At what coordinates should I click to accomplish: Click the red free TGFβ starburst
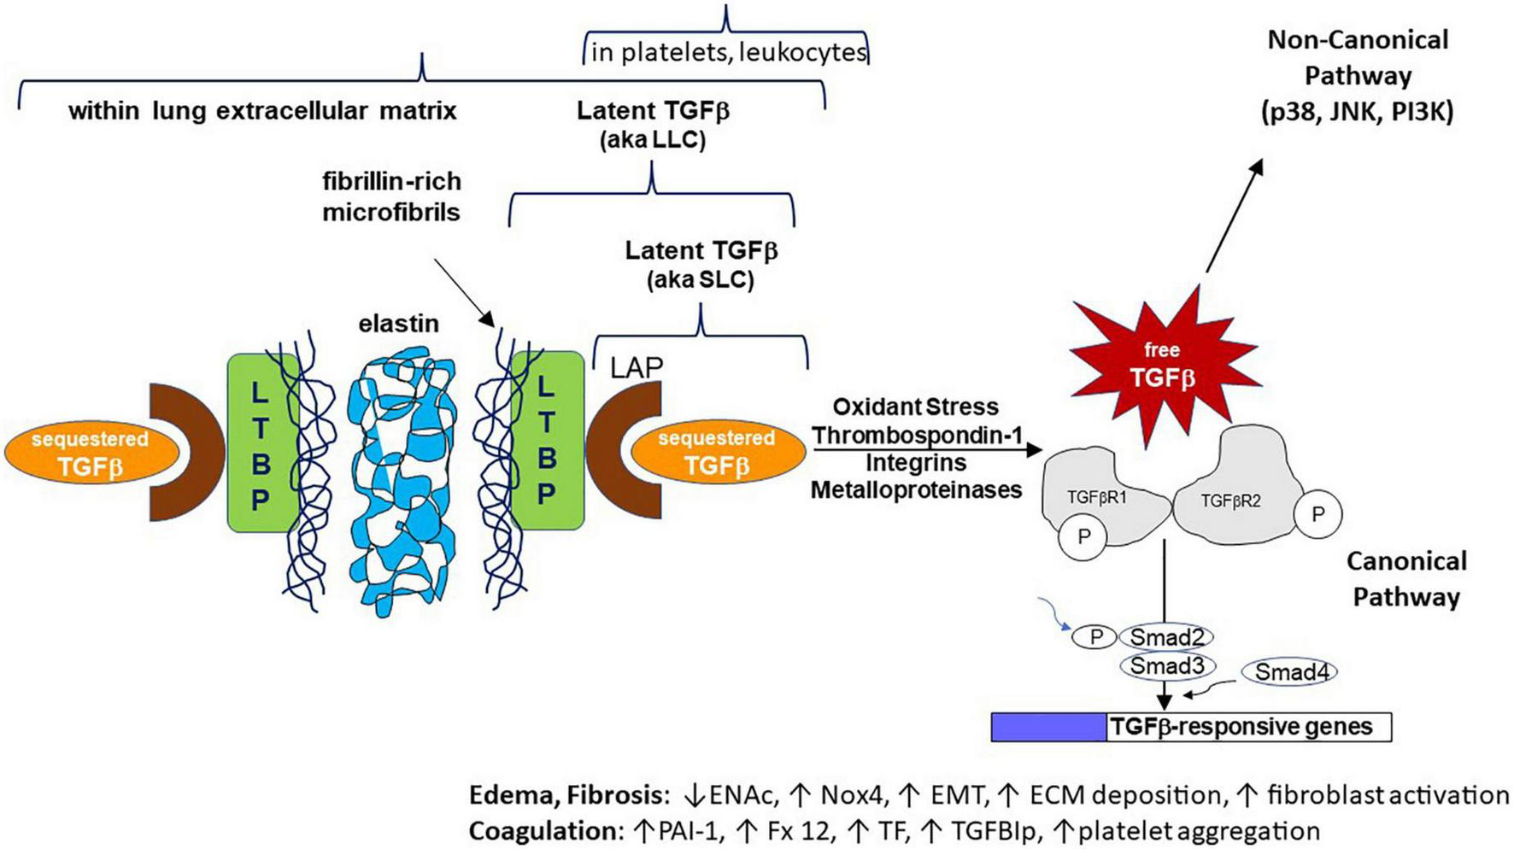pos(1161,363)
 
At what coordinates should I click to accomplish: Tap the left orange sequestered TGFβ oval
pos(90,454)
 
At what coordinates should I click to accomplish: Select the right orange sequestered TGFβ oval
pos(716,453)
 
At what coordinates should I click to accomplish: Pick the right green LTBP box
pos(548,441)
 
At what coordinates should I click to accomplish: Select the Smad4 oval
pos(1289,673)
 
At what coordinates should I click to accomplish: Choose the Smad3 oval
pos(1166,666)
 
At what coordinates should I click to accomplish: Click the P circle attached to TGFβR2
pos(1317,514)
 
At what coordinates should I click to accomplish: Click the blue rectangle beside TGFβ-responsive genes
pos(1048,728)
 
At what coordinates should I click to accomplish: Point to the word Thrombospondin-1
pos(917,436)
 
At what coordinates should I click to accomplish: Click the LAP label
pos(636,367)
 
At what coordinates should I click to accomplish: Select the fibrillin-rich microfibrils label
pos(391,196)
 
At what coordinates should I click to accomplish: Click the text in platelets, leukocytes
pos(728,53)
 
